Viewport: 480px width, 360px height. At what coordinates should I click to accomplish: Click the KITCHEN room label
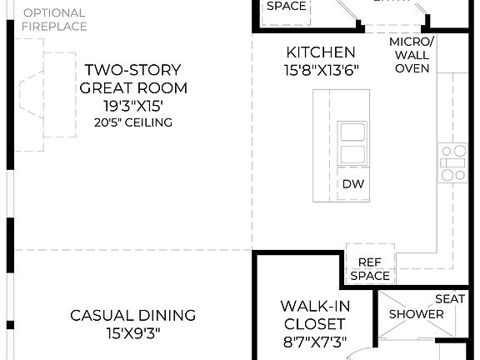click(320, 52)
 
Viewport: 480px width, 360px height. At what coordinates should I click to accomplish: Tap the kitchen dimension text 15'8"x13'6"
click(320, 71)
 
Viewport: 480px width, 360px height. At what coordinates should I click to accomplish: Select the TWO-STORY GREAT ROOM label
click(133, 79)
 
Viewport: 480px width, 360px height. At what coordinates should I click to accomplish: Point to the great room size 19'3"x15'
click(133, 105)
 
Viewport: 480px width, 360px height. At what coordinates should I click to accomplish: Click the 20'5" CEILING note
click(133, 123)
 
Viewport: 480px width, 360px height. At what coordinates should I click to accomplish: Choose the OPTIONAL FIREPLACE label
click(54, 19)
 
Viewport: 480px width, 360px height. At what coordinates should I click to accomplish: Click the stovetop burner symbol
click(454, 162)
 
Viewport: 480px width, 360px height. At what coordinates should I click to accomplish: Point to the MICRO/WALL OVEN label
click(412, 55)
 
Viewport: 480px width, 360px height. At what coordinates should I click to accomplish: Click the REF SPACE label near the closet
click(370, 268)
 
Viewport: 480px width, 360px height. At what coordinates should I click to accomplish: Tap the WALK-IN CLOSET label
click(313, 315)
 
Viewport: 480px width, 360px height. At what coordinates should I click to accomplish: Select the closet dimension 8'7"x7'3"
click(313, 341)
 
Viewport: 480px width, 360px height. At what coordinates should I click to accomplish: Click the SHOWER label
click(417, 314)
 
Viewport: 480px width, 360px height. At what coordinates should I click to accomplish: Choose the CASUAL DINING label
click(133, 315)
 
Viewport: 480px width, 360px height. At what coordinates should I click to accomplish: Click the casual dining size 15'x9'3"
click(133, 333)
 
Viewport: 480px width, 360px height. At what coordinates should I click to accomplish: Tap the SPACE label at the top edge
click(286, 6)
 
